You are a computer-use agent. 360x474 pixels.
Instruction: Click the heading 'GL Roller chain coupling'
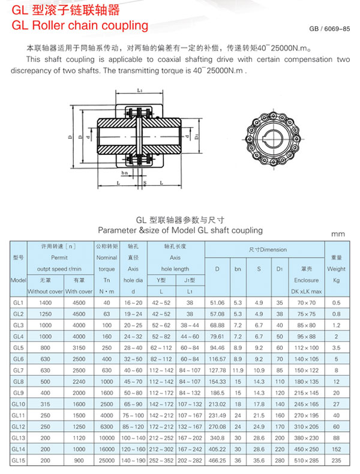(79, 25)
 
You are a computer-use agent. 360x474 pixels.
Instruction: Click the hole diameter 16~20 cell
(134, 302)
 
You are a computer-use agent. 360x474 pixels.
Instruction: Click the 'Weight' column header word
(337, 269)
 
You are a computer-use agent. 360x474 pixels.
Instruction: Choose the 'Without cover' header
(46, 291)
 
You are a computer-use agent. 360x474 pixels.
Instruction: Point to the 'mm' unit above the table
(338, 234)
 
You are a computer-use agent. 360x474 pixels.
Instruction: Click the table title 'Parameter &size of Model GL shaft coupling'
(180, 230)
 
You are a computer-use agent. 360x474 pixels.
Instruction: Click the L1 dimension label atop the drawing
(139, 91)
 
